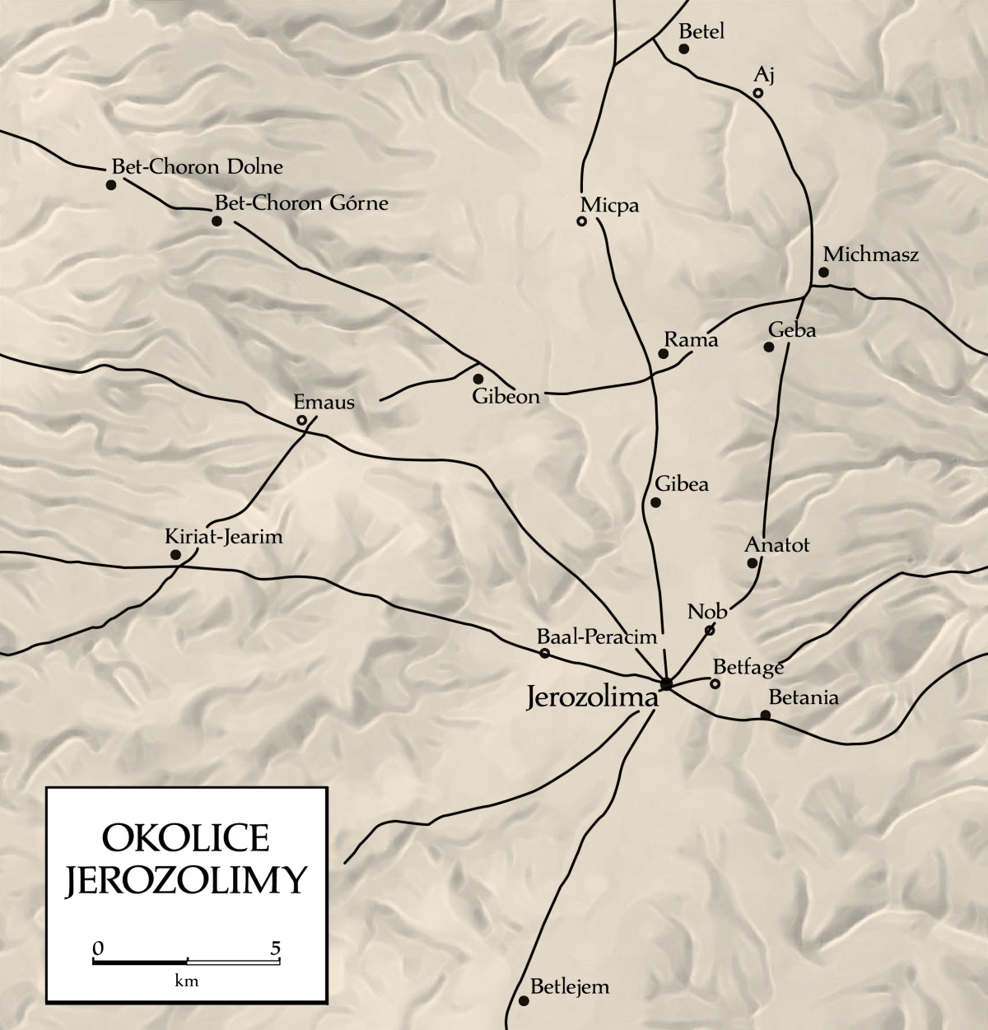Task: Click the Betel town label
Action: pos(701,31)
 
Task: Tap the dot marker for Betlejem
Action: pos(524,1000)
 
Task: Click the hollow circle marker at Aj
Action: pos(758,93)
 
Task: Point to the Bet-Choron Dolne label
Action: pos(197,167)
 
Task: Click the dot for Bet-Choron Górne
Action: pos(217,221)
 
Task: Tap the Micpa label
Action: pos(609,205)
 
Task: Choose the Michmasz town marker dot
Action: pos(823,273)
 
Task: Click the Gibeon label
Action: pos(506,397)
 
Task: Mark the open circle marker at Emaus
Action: pos(302,421)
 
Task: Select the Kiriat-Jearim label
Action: pos(224,538)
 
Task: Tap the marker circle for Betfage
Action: pos(715,683)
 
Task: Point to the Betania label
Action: pos(803,697)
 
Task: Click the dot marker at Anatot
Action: pos(752,563)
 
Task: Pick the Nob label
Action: pos(707,612)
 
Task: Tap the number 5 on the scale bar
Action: pos(276,946)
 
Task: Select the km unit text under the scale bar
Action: pos(187,981)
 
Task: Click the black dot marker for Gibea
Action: pos(656,502)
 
